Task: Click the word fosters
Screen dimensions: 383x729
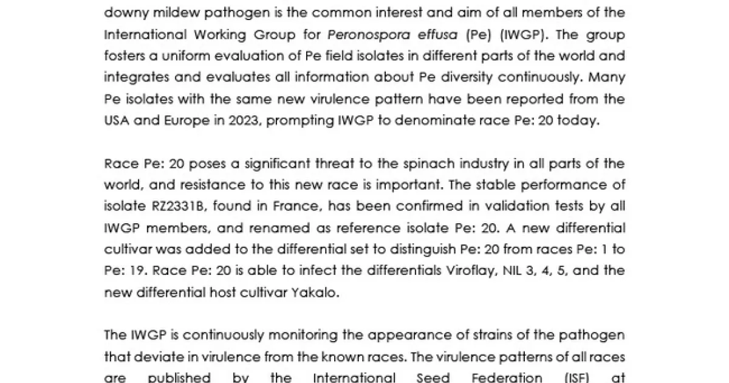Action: click(x=124, y=57)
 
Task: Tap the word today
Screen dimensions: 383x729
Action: click(x=580, y=120)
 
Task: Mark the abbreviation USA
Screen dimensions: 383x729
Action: click(x=117, y=120)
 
